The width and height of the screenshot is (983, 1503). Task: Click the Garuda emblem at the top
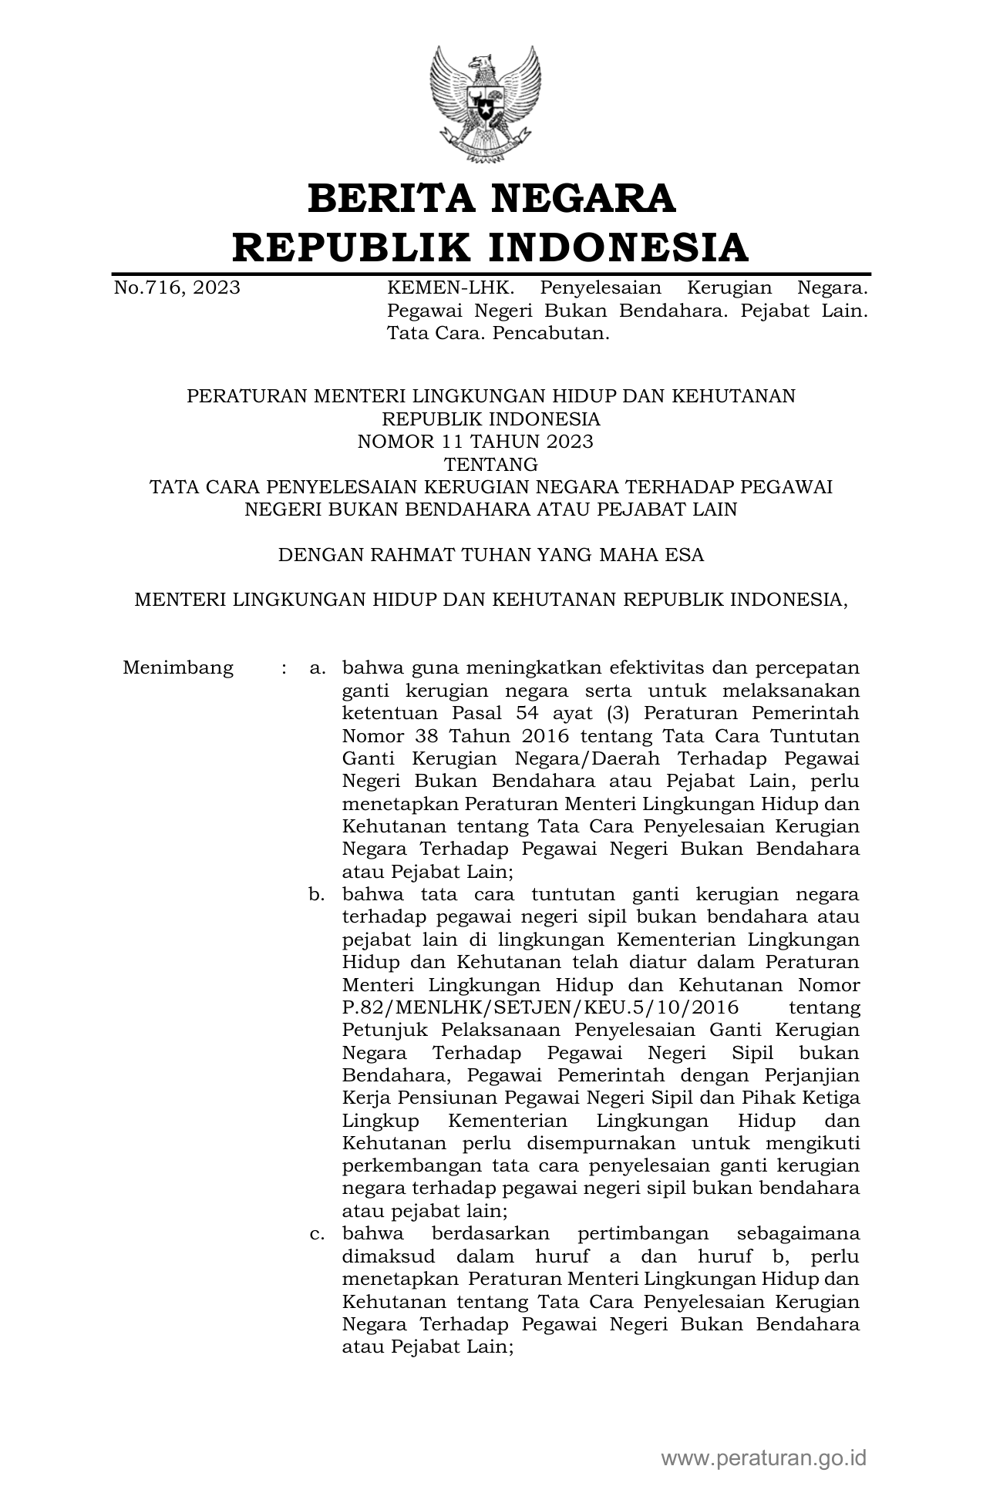pos(485,105)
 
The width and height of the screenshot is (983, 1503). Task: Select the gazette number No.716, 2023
pos(177,288)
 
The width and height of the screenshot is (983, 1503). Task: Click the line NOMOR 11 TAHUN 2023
pos(475,442)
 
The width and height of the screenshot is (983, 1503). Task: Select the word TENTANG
pos(491,465)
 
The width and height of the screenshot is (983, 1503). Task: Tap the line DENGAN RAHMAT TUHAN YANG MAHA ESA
pos(490,555)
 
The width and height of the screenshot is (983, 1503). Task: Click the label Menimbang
pos(178,667)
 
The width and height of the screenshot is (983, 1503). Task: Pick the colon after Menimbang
pos(284,668)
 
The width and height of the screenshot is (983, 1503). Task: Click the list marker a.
pos(316,668)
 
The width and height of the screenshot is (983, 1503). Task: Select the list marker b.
pos(316,895)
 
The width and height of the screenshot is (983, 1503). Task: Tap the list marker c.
pos(316,1234)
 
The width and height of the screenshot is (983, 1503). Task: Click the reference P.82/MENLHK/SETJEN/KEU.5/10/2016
pos(540,1008)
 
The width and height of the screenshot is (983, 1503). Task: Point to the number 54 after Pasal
pos(532,713)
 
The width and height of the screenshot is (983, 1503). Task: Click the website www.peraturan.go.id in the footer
pos(763,1458)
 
